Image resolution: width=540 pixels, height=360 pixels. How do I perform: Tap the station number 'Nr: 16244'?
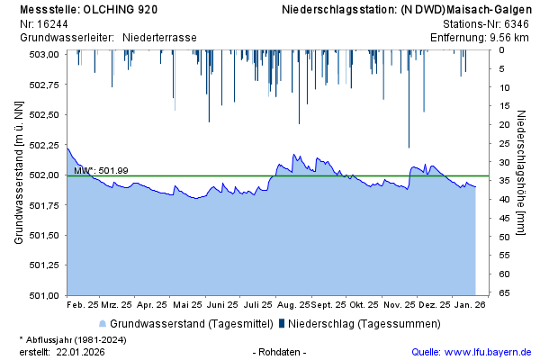44,23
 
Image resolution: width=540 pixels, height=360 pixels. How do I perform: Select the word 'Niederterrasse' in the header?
159,38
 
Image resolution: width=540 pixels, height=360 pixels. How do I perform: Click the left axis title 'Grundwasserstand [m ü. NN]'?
18,174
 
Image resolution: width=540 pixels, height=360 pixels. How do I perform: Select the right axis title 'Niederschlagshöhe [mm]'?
522,174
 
